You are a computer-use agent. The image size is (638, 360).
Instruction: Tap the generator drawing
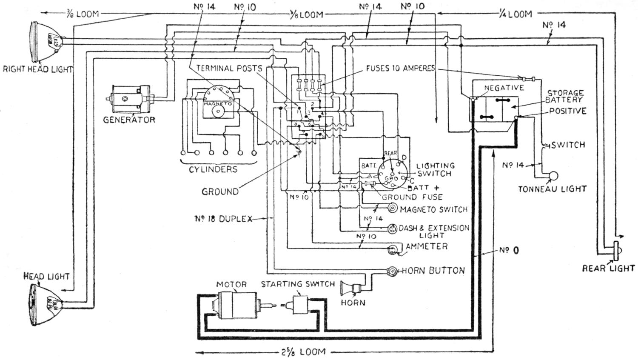129,99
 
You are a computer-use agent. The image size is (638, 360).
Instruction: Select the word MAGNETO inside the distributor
217,103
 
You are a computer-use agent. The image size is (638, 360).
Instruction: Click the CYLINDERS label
213,169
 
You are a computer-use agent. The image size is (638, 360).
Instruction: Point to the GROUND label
220,191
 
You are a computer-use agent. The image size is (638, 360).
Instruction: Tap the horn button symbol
392,271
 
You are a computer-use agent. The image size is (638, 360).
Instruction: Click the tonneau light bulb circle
553,176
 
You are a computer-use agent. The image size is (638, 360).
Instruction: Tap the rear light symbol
616,252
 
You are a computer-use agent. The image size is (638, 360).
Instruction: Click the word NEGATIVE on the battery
504,88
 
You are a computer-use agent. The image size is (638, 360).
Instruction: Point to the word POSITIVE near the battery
567,111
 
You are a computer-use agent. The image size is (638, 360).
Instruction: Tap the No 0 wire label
509,250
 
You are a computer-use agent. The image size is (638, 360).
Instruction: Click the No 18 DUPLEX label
223,219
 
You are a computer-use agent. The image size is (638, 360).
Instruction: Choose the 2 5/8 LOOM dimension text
304,352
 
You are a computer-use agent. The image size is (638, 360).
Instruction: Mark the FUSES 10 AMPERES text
400,68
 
